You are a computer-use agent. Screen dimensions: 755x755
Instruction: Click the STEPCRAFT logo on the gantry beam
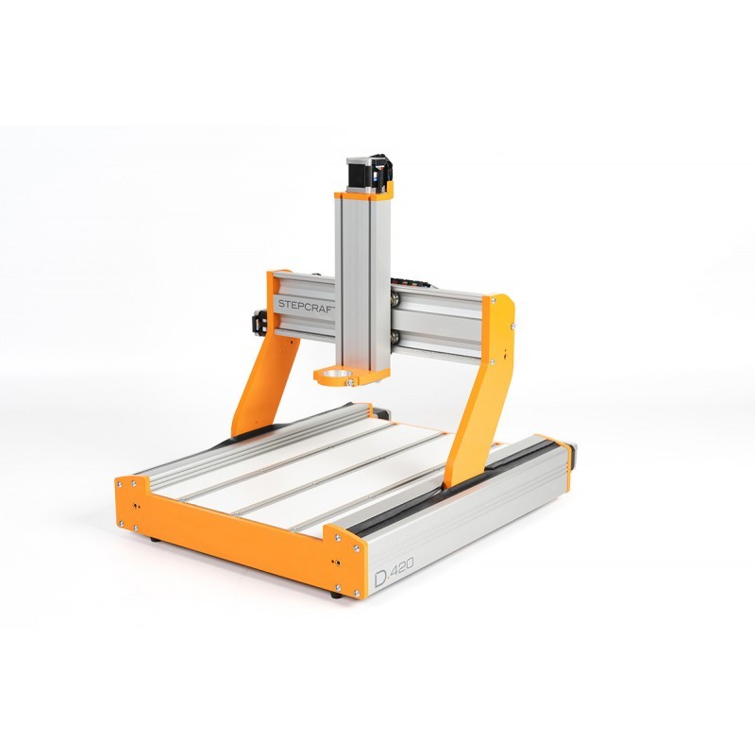(x=306, y=305)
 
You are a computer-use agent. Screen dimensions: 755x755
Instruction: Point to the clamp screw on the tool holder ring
(x=350, y=382)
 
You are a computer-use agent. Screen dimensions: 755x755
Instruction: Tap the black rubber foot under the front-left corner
(x=155, y=539)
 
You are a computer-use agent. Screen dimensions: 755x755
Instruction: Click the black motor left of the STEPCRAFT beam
(x=260, y=321)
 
